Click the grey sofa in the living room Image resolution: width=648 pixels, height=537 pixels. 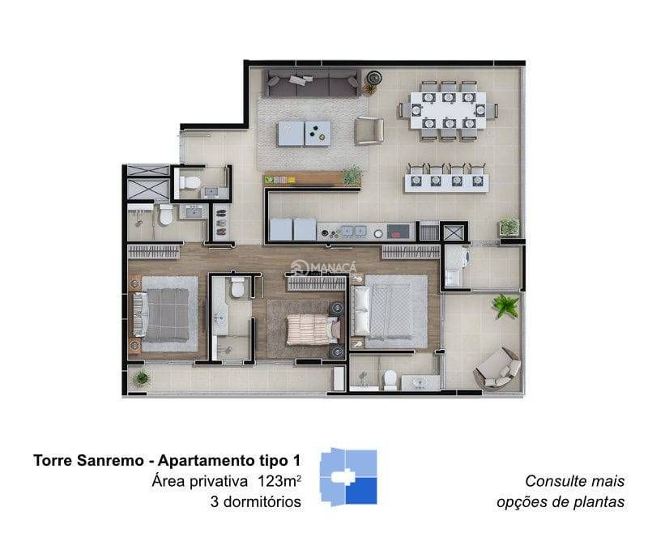(312, 83)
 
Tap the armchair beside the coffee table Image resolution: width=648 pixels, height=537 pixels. (369, 131)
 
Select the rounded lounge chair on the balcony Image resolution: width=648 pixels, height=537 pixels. (497, 369)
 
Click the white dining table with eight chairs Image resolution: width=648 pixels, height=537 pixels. (448, 110)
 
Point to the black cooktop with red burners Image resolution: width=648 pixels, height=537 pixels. (400, 231)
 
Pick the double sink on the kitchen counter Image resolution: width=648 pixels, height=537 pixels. (352, 231)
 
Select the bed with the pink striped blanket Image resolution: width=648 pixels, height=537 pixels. (313, 330)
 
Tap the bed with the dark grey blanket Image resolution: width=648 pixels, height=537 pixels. (161, 315)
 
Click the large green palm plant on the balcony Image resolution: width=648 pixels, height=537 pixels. (505, 306)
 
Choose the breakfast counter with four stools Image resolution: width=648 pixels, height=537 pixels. (446, 178)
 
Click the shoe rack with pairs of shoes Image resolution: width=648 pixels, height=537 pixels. (221, 223)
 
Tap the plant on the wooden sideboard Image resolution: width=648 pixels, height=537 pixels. (352, 176)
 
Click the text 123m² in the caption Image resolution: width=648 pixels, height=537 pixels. (279, 481)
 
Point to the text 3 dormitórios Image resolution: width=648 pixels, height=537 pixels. (256, 501)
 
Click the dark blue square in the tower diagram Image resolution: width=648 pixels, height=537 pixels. (361, 491)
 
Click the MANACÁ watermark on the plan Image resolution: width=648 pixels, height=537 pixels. (323, 267)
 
